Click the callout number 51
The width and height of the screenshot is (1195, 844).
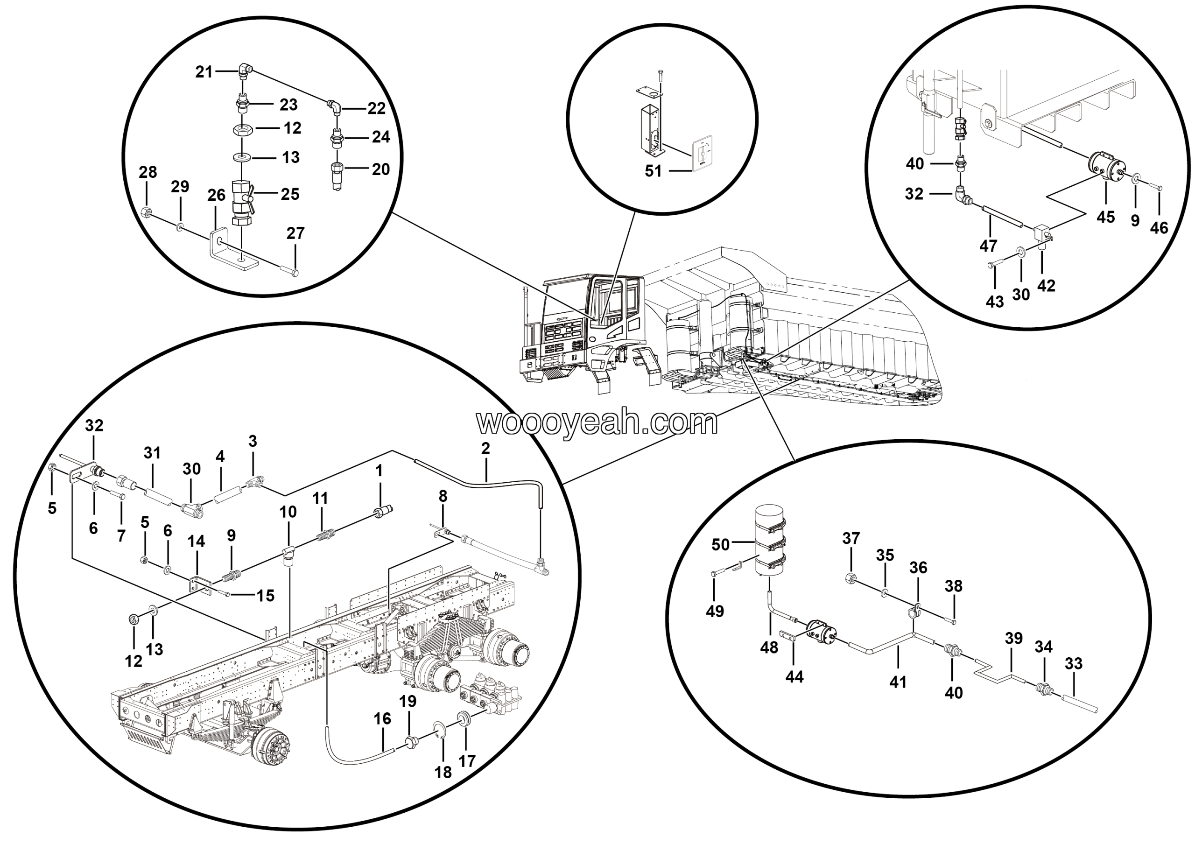pyautogui.click(x=653, y=171)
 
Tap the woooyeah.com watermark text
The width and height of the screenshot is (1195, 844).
pyautogui.click(x=597, y=422)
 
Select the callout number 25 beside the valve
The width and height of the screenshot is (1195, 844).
pyautogui.click(x=290, y=194)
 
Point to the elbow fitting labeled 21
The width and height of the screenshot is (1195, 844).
pyautogui.click(x=246, y=69)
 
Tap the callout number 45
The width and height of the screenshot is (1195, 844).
pyautogui.click(x=1105, y=217)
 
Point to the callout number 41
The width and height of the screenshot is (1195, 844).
pyautogui.click(x=898, y=682)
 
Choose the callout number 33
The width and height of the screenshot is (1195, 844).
pyautogui.click(x=1074, y=663)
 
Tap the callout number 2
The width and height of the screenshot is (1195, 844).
pyautogui.click(x=485, y=449)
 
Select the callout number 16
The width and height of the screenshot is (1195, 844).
pyautogui.click(x=382, y=718)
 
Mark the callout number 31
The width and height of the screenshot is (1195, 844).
pyautogui.click(x=152, y=453)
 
